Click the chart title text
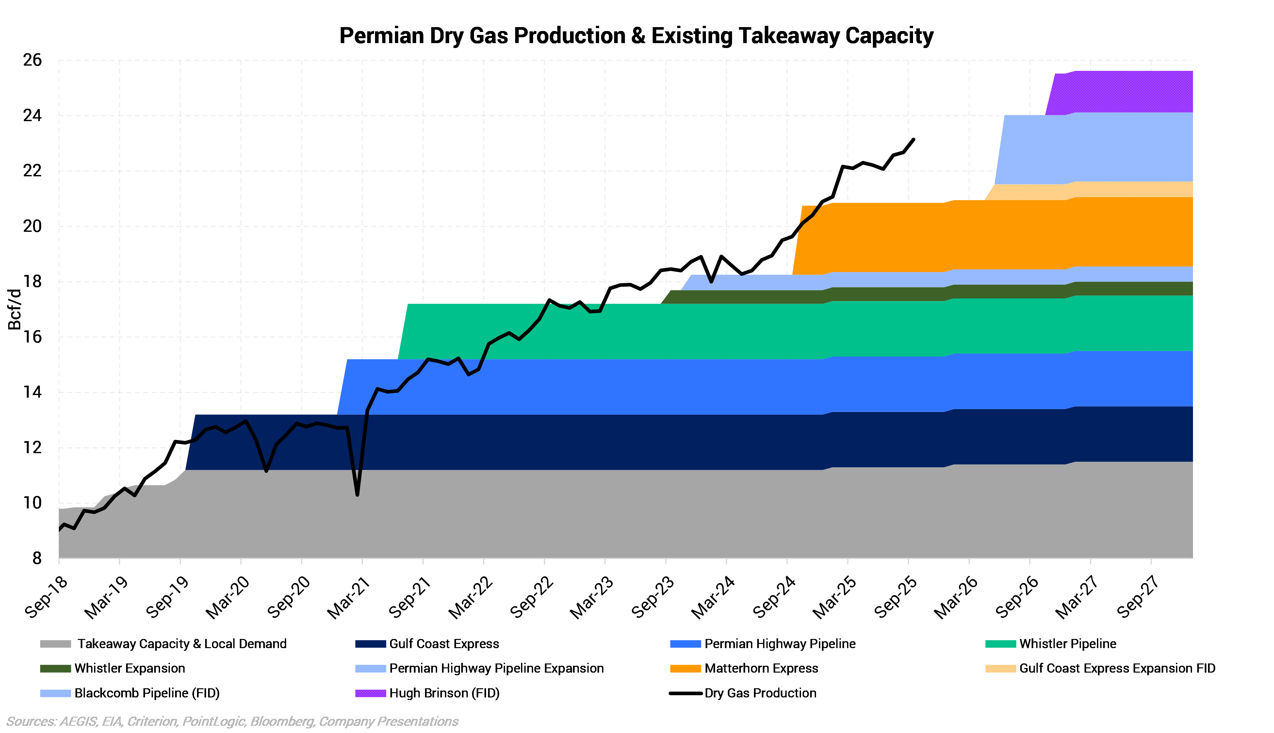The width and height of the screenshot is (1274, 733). [636, 36]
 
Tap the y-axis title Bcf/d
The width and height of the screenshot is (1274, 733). [15, 309]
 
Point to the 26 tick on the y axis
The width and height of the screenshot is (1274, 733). [32, 60]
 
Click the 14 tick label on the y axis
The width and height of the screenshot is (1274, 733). [32, 392]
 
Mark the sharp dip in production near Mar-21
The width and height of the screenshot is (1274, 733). [357, 494]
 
